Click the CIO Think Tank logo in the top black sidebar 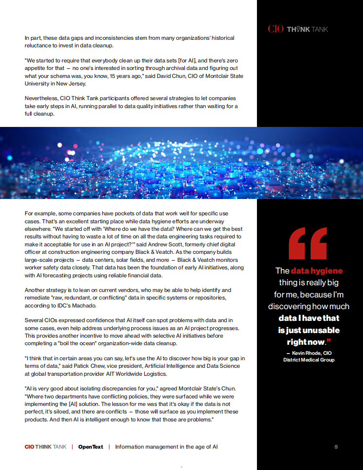point(298,29)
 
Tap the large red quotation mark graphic point(308,243)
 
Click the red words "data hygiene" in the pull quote point(316,271)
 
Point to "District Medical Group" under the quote point(309,360)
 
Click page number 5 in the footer point(336,447)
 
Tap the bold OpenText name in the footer point(91,447)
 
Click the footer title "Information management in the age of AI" point(166,447)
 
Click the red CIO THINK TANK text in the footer point(45,447)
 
